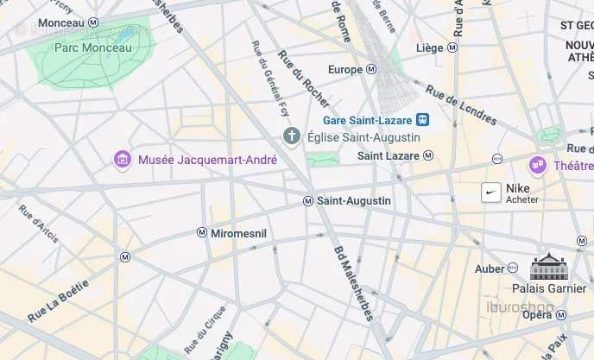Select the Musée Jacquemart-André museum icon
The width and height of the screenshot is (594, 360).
pos(123,160)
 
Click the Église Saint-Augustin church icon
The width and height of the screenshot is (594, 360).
pos(292,137)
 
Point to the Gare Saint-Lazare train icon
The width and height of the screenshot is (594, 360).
pos(422,120)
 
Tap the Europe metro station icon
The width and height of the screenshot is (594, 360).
pos(372,69)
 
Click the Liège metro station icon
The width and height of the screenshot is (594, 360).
pos(452,48)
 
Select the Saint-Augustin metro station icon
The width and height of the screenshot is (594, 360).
pos(308,201)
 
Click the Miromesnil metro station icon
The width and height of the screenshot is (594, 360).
pos(202,233)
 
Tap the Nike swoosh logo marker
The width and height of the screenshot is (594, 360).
pos(491,193)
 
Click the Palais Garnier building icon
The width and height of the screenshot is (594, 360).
pos(547,266)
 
